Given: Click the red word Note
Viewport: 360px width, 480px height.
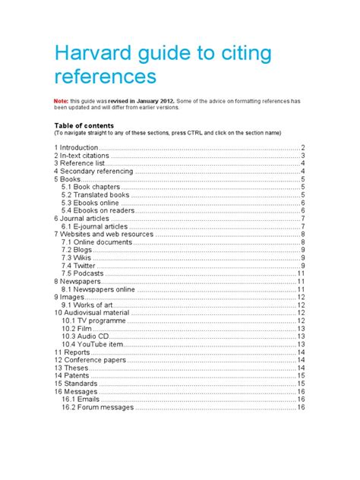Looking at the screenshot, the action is pos(62,99).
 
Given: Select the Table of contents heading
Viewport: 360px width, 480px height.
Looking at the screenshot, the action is pos(84,125).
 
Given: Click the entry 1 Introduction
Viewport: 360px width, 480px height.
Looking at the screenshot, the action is pos(76,147).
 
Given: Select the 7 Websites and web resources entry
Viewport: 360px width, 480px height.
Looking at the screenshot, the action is pos(103,234).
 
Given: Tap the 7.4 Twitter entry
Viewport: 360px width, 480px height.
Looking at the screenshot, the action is pos(79,265).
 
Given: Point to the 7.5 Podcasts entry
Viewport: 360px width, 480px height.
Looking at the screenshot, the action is pos(83,273).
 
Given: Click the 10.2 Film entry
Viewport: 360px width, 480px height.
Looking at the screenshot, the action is pos(77,328).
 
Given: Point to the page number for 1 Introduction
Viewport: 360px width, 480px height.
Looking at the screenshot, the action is pos(302,147).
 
